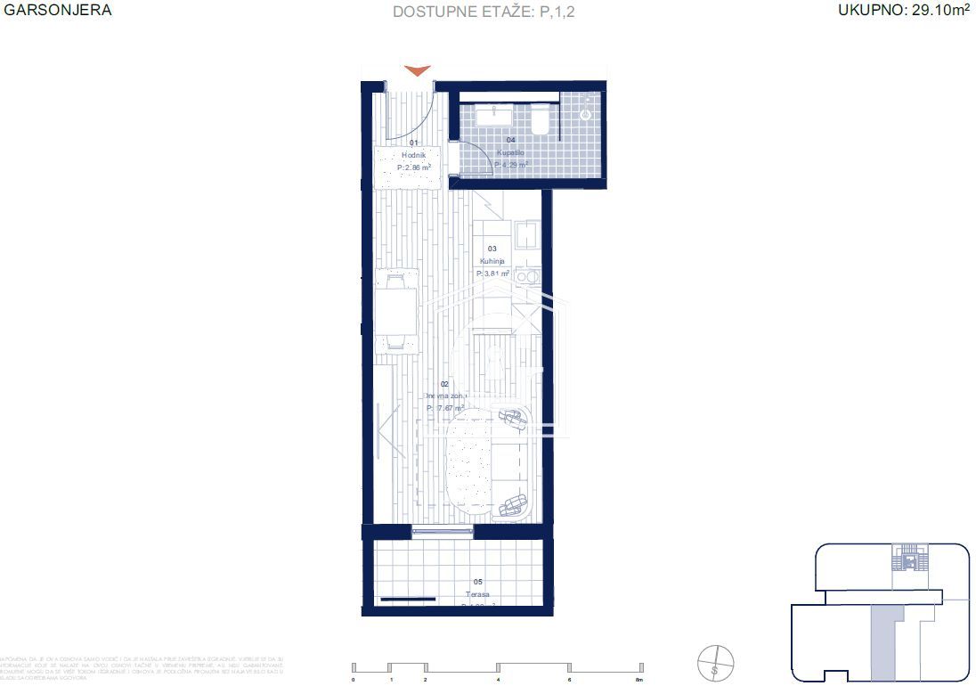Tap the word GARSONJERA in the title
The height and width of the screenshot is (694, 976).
tap(58, 11)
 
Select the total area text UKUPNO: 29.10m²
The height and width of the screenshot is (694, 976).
tap(901, 11)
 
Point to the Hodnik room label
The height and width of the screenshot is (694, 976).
tap(413, 155)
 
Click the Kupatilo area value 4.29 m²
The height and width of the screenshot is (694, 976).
tap(510, 165)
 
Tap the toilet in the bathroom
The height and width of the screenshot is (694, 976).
tap(540, 120)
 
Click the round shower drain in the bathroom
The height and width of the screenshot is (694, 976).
tap(586, 114)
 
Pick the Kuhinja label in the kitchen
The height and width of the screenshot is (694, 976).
tap(492, 261)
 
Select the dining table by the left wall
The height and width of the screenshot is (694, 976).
tap(395, 311)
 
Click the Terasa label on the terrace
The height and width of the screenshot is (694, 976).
tap(477, 594)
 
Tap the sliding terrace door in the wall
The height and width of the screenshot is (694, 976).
tap(443, 532)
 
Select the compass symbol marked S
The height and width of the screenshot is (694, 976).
tap(716, 664)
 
